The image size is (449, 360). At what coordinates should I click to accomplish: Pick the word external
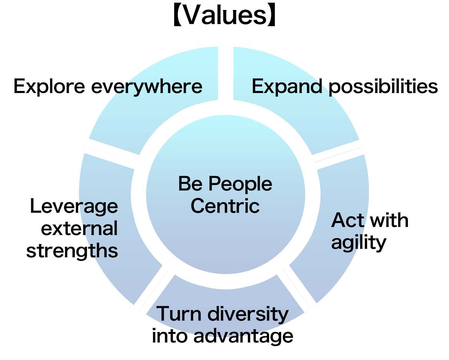tap(79, 228)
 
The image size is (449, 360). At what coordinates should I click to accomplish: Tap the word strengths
tap(72, 251)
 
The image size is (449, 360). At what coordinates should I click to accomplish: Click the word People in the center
tap(240, 184)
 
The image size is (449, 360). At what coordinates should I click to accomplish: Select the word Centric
tap(225, 206)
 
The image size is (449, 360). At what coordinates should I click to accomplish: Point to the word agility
tap(358, 243)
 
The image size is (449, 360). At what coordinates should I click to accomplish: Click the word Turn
tap(179, 314)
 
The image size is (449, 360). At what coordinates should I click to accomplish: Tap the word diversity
tap(248, 314)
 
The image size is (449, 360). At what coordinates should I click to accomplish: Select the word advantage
tap(243, 336)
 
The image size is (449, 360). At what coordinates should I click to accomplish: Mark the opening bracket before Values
tap(177, 15)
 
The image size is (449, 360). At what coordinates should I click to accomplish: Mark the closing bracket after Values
tap(271, 15)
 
